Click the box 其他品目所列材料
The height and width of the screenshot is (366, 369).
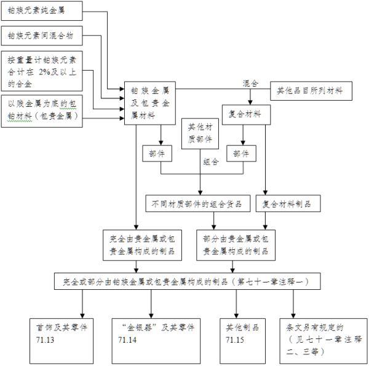pos(311,92)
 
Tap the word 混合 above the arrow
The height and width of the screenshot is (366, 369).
pos(250,82)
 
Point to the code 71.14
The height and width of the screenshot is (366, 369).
pos(127,340)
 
